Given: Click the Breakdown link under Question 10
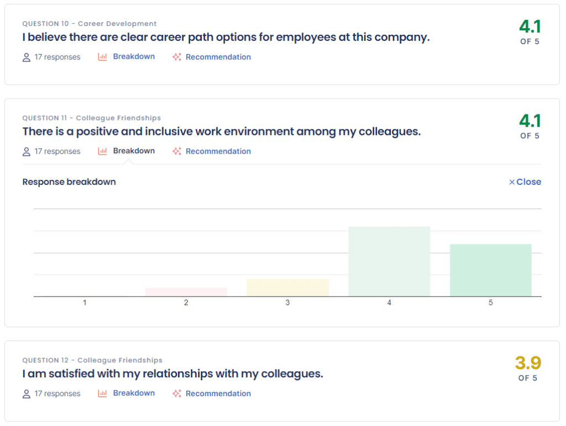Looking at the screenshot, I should pos(133,56).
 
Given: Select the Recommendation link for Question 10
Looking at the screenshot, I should pos(218,57).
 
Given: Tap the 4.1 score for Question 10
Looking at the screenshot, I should pos(530,27).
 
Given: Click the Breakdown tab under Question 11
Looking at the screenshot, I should pos(133,151).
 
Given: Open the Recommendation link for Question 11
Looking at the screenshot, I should pos(218,151).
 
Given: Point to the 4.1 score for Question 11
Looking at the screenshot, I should pos(530,121).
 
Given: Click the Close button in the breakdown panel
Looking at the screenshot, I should pos(525,182).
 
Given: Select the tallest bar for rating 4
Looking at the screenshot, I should pos(389,261).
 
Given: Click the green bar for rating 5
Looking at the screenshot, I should pos(490,270).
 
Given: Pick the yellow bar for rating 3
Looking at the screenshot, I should pos(287,288).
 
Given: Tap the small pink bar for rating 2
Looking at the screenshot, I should pos(186,292).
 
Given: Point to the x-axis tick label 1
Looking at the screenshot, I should pos(85,303).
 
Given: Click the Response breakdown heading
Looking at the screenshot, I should pos(69,182).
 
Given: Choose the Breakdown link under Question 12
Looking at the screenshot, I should pos(133,393).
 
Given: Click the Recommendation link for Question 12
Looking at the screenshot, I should pos(218,393).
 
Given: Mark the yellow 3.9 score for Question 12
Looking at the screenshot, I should pos(528,363).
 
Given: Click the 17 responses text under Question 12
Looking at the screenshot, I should pos(57,393).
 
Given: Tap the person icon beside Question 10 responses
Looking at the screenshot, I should pos(27,57).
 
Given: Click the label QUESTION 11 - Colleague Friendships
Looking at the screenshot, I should pos(92,118).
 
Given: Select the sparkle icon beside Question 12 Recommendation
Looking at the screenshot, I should pos(177,393).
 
